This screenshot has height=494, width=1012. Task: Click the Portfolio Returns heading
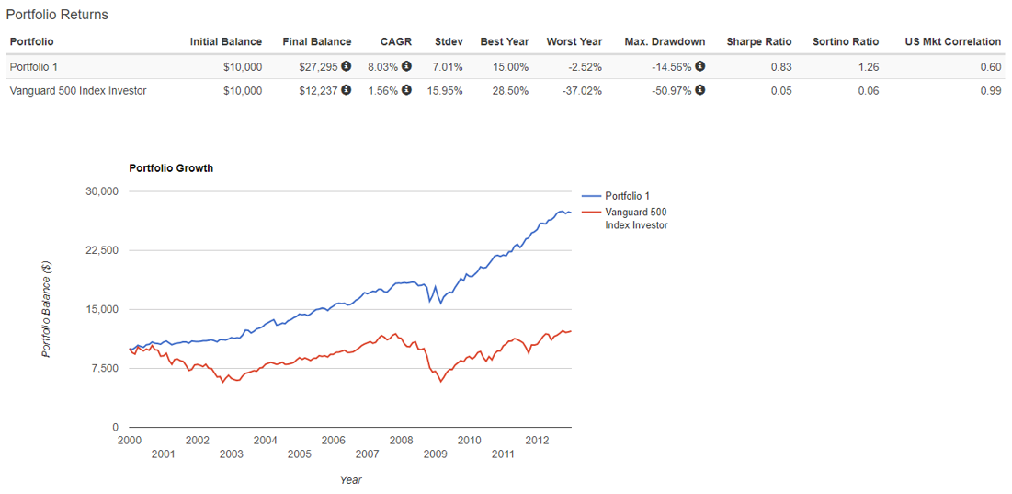(x=57, y=15)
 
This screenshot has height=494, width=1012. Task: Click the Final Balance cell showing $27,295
(x=320, y=66)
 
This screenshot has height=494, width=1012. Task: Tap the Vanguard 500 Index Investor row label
(x=78, y=90)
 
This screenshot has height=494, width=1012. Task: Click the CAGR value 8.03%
(x=383, y=66)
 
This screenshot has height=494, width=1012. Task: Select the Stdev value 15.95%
(x=447, y=90)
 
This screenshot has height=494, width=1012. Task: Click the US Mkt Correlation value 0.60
(x=990, y=66)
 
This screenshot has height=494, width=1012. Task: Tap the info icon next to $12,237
(x=347, y=90)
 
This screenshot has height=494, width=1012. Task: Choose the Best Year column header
(x=504, y=41)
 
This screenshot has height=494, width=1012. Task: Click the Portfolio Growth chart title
(x=171, y=168)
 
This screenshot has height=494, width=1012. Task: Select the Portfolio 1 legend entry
(x=627, y=196)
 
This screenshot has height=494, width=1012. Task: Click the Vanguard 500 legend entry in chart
(x=635, y=218)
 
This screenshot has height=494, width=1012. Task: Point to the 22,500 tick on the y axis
(x=103, y=250)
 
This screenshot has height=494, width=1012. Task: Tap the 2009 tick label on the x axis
(x=435, y=454)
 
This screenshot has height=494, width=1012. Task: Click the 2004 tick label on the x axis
(x=265, y=440)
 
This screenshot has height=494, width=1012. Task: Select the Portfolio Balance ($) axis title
(x=47, y=309)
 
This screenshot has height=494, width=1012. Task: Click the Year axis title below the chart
(x=350, y=479)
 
